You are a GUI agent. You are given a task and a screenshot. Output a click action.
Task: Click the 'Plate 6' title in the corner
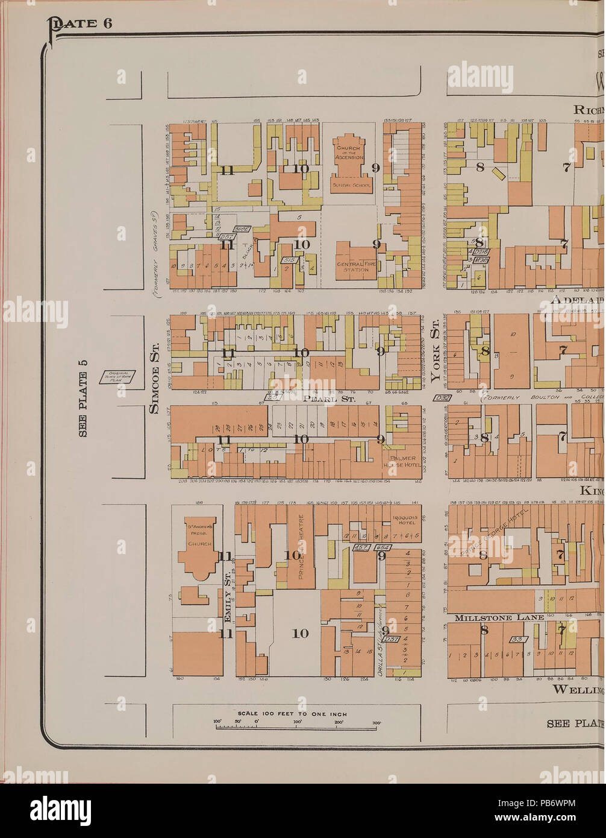[x=79, y=25]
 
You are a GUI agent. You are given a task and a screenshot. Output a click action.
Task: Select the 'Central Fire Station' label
[x=357, y=266]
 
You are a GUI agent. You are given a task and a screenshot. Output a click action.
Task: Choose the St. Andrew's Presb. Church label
[x=199, y=534]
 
